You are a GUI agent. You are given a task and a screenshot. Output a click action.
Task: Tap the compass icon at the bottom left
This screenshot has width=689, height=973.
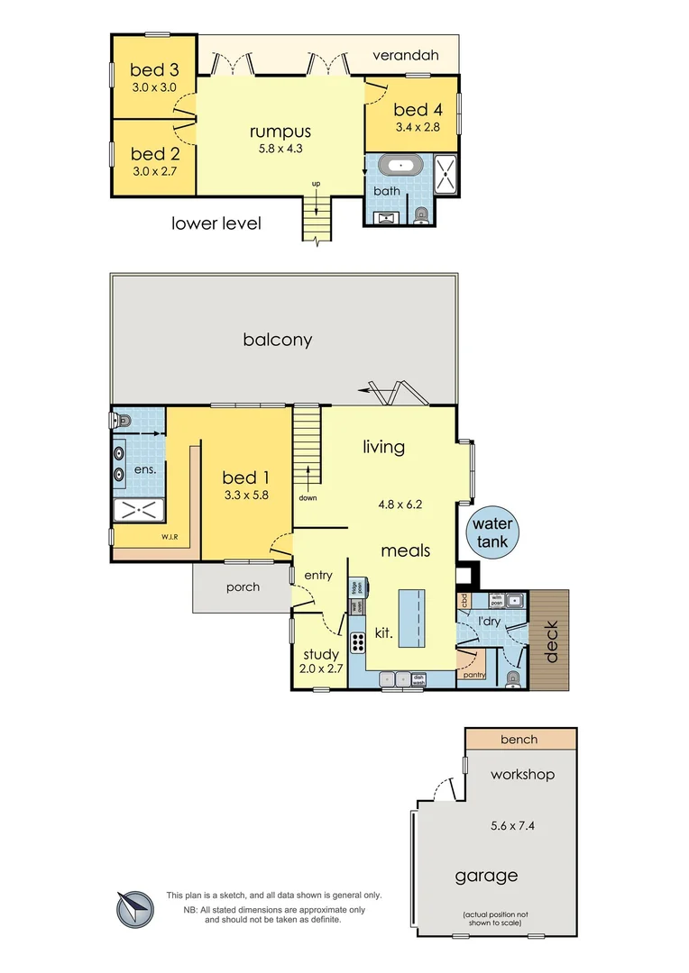click(134, 908)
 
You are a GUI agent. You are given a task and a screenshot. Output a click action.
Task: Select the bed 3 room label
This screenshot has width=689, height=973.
click(153, 70)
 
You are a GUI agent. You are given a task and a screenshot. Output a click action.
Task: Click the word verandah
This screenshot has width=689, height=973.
click(406, 56)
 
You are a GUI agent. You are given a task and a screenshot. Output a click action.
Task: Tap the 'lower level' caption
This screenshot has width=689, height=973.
click(216, 223)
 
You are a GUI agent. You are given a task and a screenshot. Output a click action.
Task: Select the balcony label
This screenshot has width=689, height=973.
click(277, 340)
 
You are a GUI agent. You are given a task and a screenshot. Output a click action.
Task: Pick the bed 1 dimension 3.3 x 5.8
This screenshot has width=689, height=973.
click(246, 495)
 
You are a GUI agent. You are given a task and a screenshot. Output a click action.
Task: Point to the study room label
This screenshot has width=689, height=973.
click(320, 655)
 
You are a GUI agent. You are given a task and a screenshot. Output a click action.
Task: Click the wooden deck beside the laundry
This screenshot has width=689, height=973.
click(550, 640)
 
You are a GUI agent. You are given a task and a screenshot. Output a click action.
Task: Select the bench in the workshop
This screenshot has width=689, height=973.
click(519, 740)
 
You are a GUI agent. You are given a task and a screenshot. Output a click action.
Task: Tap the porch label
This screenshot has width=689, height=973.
click(243, 587)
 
